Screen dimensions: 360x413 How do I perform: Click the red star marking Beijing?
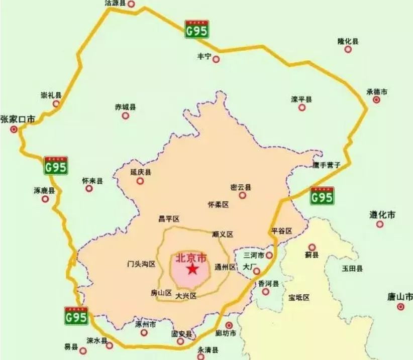(192, 270)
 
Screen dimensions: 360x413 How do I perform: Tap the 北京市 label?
(191, 258)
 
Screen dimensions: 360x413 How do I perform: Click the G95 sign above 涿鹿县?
(55, 165)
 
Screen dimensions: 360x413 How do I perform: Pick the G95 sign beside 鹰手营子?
(322, 195)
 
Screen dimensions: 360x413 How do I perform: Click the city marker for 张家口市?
(14, 129)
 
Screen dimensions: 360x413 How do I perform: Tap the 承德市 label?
(377, 92)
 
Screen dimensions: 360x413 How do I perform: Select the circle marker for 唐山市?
(400, 306)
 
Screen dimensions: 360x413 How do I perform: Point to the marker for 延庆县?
(140, 181)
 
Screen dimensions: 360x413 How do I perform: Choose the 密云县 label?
(240, 187)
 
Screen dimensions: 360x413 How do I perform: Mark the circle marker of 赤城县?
(125, 116)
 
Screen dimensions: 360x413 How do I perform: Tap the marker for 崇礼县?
(56, 104)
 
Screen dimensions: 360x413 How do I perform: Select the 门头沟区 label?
(141, 264)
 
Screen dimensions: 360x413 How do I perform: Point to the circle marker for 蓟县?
(312, 247)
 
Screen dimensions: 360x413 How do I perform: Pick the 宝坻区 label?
(299, 297)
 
